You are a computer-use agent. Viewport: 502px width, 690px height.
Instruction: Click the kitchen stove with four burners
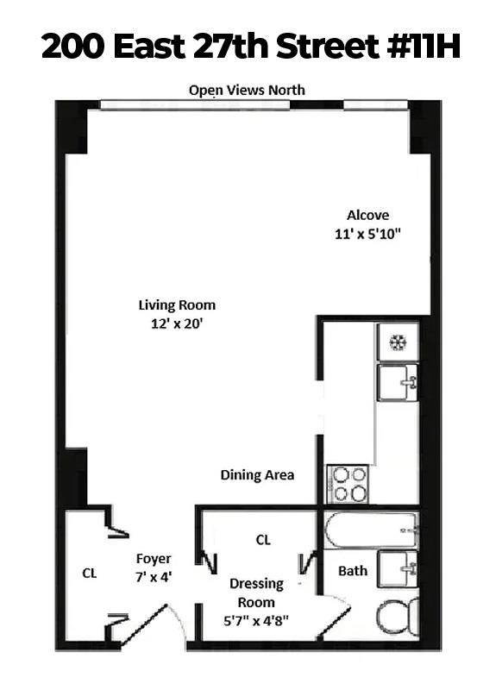(x=348, y=484)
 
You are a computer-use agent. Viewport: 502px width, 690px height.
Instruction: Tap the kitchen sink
(x=398, y=382)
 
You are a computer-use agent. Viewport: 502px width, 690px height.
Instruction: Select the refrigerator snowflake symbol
(x=398, y=342)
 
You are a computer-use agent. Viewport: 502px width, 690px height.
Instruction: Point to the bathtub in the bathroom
(x=372, y=530)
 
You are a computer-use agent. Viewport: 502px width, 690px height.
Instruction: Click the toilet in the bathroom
(x=399, y=618)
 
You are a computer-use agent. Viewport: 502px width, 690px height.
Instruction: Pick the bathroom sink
(x=398, y=568)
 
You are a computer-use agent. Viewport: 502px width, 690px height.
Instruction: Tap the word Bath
(x=353, y=570)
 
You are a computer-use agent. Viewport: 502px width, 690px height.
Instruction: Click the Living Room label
(x=177, y=304)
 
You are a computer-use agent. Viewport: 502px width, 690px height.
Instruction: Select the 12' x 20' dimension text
(x=177, y=323)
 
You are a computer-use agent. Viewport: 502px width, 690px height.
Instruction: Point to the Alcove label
(x=367, y=215)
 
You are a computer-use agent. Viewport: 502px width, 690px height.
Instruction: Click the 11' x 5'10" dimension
(x=367, y=234)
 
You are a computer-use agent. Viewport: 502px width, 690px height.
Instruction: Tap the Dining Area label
(x=257, y=474)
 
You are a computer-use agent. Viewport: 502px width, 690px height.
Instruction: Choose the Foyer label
(x=154, y=558)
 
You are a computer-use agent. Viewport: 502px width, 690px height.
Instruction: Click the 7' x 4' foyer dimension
(x=154, y=576)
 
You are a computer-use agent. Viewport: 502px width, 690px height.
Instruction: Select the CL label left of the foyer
(x=89, y=572)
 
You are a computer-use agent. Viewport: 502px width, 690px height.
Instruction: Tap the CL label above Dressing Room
(x=263, y=540)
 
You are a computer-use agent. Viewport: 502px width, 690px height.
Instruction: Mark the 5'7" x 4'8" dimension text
(x=257, y=620)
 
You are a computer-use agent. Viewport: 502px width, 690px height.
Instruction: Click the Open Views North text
(x=247, y=90)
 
